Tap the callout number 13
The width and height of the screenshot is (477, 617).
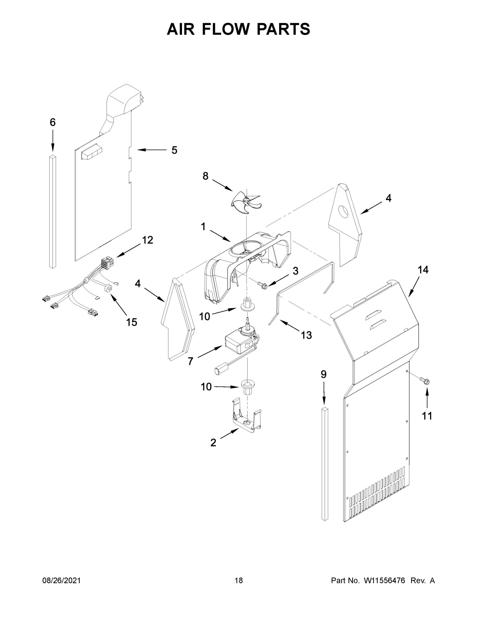[x=306, y=335]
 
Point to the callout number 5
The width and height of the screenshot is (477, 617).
[x=174, y=150]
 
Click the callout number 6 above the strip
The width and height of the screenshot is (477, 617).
[x=52, y=122]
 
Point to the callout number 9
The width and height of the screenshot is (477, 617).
[x=323, y=374]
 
